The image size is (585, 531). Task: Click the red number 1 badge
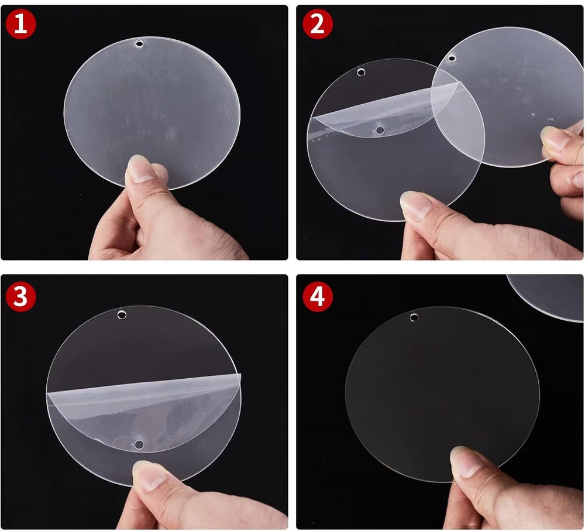point(20,25)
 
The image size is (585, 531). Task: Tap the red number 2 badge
point(318,24)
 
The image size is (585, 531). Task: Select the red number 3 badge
point(20,297)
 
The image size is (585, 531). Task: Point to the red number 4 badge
point(318,297)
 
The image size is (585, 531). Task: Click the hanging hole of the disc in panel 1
point(140,44)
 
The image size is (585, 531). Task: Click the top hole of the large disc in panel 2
point(361,72)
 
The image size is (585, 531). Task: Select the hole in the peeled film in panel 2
point(380,131)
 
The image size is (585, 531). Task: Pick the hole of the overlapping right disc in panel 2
point(452,59)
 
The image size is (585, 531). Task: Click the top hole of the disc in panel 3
point(122,315)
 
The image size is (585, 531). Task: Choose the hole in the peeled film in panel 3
point(139,444)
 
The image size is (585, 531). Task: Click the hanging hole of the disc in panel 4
point(414,318)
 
